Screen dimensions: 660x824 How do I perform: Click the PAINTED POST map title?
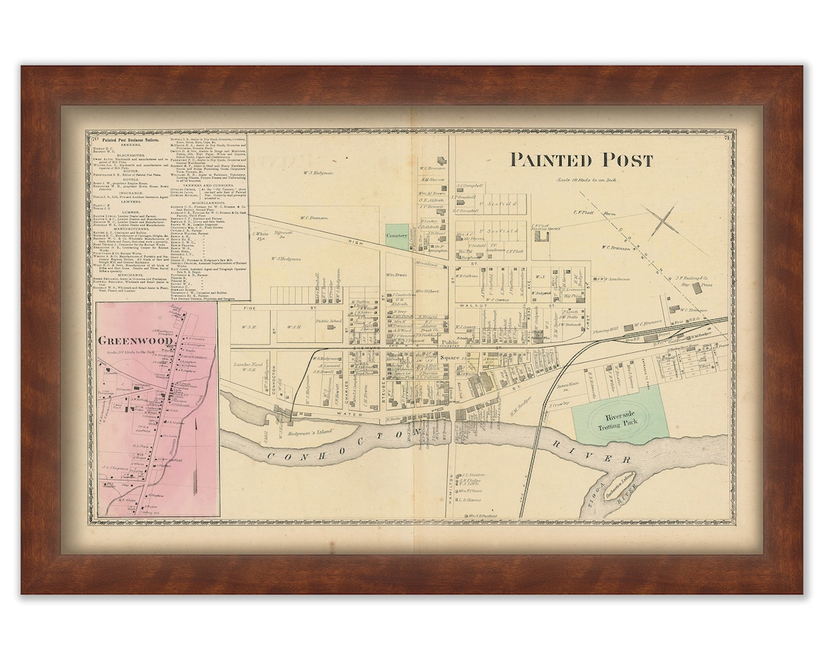click(x=581, y=160)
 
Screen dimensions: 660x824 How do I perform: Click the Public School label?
click(x=328, y=322)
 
